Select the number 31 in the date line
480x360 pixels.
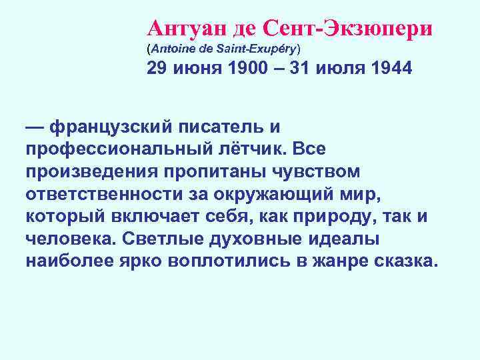(298, 70)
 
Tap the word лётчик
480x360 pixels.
(251, 149)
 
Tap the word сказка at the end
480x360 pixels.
(405, 260)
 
